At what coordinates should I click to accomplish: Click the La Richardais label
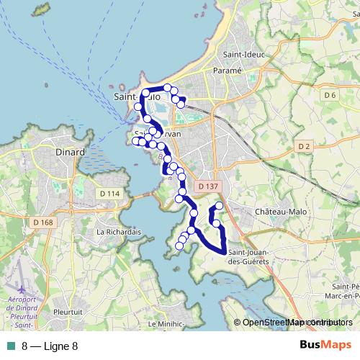point(117,233)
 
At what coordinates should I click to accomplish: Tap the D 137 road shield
point(207,186)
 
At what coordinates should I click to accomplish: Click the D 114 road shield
point(110,193)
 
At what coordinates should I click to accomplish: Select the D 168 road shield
point(43,222)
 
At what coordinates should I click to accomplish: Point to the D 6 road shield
point(330,95)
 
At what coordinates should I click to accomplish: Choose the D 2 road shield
point(303,147)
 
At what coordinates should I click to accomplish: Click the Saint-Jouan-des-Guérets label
point(248,256)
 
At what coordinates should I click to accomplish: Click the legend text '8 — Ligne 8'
point(50,346)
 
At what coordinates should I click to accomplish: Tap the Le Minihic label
point(166,325)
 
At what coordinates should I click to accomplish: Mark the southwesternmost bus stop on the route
point(179,246)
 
